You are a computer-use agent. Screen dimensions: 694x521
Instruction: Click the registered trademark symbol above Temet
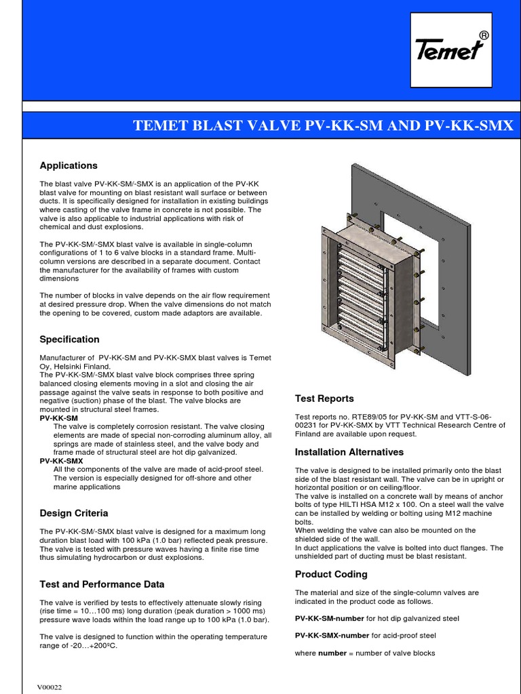[x=483, y=35]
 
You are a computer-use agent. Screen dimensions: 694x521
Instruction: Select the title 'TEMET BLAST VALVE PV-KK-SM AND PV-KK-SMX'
[x=323, y=125]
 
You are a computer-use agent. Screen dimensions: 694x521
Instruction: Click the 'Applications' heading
[x=69, y=165]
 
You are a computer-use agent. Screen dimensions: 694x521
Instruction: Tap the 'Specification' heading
[x=69, y=339]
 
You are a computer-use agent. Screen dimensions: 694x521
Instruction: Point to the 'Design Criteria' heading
[x=73, y=513]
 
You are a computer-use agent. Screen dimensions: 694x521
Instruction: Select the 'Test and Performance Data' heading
[x=102, y=584]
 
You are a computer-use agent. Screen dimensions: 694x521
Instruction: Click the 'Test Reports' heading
[x=324, y=399]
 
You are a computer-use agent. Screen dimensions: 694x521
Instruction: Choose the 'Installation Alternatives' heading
[x=349, y=452]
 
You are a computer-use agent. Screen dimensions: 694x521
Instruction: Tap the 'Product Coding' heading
[x=331, y=574]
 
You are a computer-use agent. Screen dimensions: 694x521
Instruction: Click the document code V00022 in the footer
[x=50, y=687]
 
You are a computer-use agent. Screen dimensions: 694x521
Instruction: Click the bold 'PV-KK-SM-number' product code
[x=330, y=618]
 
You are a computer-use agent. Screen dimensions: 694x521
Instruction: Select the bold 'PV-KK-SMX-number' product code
[x=332, y=636]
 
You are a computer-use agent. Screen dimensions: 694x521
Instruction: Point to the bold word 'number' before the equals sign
[x=332, y=653]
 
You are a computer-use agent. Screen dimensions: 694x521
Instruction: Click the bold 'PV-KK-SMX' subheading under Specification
[x=61, y=461]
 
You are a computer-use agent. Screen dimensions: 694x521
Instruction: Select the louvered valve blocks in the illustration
[x=360, y=285]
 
